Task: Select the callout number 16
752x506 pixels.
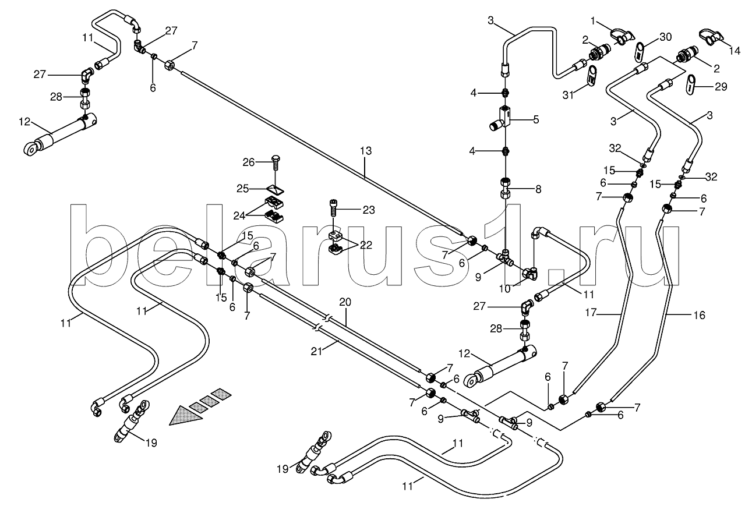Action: click(699, 315)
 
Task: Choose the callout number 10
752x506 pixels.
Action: click(505, 288)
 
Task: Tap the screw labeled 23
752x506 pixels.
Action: click(331, 208)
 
